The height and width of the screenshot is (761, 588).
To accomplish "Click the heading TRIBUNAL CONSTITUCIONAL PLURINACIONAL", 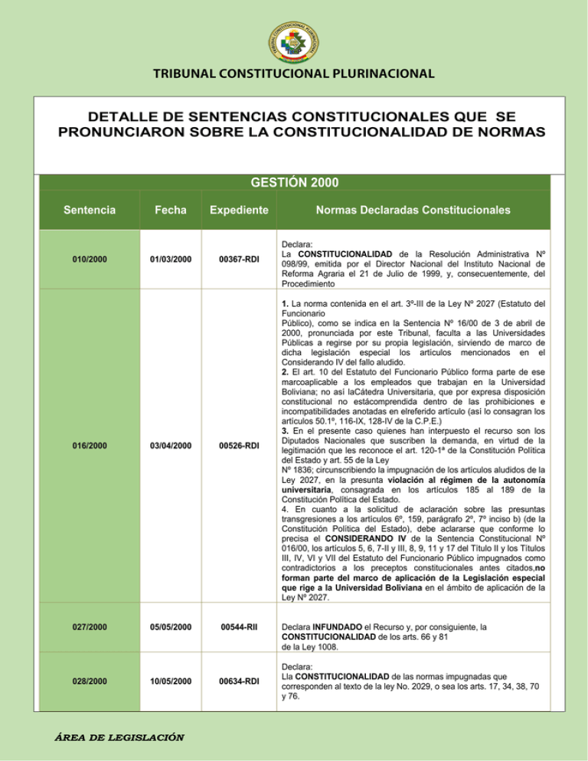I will [294, 74].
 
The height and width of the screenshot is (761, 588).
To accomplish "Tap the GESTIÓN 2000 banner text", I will [294, 183].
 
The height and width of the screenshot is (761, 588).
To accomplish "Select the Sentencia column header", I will [90, 208].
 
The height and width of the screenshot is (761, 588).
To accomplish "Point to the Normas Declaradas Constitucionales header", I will [412, 208].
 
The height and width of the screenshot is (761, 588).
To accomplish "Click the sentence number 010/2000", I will [90, 260].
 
